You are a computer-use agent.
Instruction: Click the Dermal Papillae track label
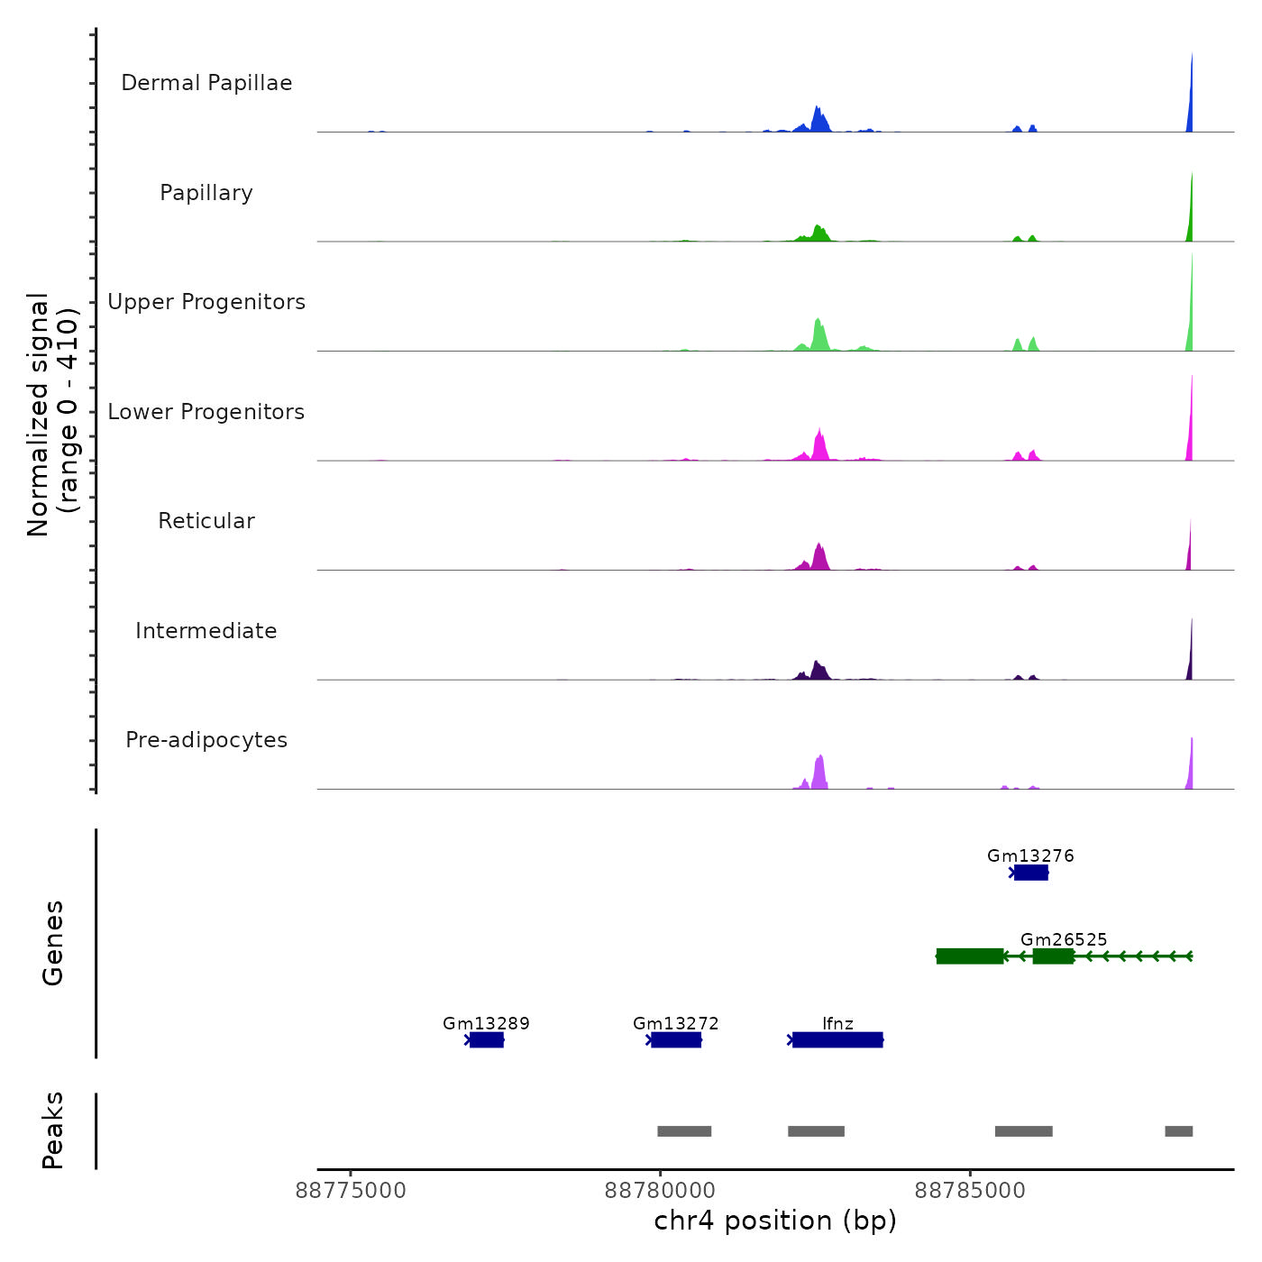point(206,83)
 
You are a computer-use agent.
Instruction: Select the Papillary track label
point(206,193)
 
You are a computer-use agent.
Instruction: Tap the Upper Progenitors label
point(206,302)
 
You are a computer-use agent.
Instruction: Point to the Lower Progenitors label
point(206,412)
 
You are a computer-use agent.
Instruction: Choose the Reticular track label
point(206,521)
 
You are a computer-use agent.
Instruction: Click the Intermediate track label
point(206,631)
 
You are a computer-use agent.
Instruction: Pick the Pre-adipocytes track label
point(206,740)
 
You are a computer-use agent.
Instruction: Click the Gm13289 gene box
point(487,1040)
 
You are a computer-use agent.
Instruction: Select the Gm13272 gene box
point(676,1040)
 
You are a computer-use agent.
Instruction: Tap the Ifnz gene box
point(837,1040)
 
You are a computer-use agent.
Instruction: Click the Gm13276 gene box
point(1031,873)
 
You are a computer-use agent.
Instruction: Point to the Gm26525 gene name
point(1064,939)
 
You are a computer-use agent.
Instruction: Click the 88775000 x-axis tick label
point(351,1191)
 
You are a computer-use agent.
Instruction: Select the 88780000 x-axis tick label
point(660,1191)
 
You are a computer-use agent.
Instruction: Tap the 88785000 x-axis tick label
point(970,1191)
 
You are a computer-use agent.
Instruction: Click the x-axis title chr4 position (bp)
point(775,1221)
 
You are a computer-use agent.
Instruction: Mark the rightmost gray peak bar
point(1178,1131)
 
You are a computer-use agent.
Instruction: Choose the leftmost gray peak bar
point(684,1131)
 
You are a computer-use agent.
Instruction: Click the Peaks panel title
point(53,1130)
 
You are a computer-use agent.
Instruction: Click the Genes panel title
point(53,943)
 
